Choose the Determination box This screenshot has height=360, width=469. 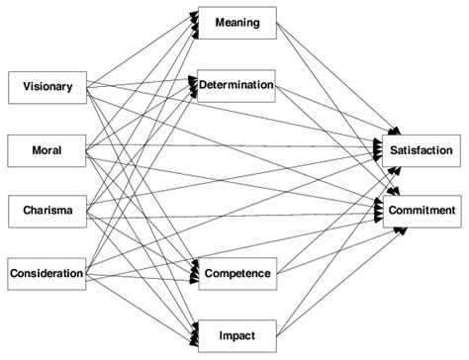point(236,85)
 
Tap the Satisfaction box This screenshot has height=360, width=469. point(421,149)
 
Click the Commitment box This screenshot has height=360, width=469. point(421,210)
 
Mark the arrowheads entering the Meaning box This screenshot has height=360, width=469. point(192,25)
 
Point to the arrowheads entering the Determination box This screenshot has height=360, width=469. point(192,86)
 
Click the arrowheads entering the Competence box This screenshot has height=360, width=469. point(192,273)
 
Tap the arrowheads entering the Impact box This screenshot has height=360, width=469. point(192,333)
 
